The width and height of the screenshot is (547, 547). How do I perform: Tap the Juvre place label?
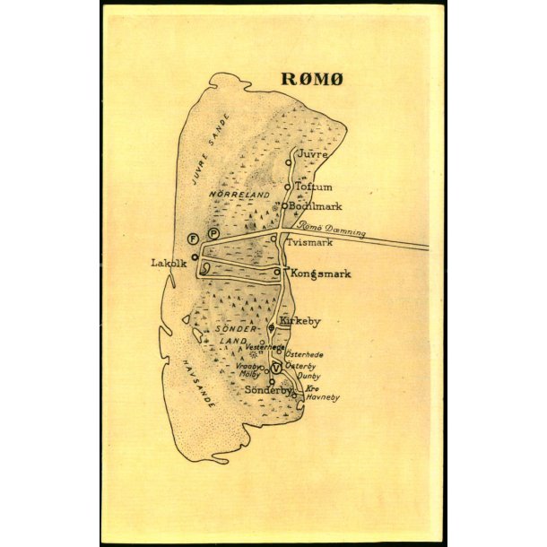pos(311,155)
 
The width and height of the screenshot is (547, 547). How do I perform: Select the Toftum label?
pos(314,187)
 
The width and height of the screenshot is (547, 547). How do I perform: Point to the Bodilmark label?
pos(315,206)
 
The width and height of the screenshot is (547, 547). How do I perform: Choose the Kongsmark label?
pos(320,273)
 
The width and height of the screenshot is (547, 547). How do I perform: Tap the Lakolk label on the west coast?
pos(169,263)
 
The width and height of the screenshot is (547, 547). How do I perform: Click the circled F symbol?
pos(192,238)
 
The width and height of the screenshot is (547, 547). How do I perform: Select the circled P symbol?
pos(213,234)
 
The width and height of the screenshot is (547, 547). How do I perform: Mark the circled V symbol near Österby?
pos(276,368)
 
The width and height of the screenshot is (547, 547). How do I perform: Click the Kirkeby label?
pos(300,320)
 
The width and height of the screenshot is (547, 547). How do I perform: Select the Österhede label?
pos(304,355)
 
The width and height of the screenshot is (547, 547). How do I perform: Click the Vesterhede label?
pos(265,347)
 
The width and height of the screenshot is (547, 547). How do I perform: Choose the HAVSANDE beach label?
pos(198,384)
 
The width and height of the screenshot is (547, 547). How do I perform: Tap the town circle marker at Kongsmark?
pos(276,273)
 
